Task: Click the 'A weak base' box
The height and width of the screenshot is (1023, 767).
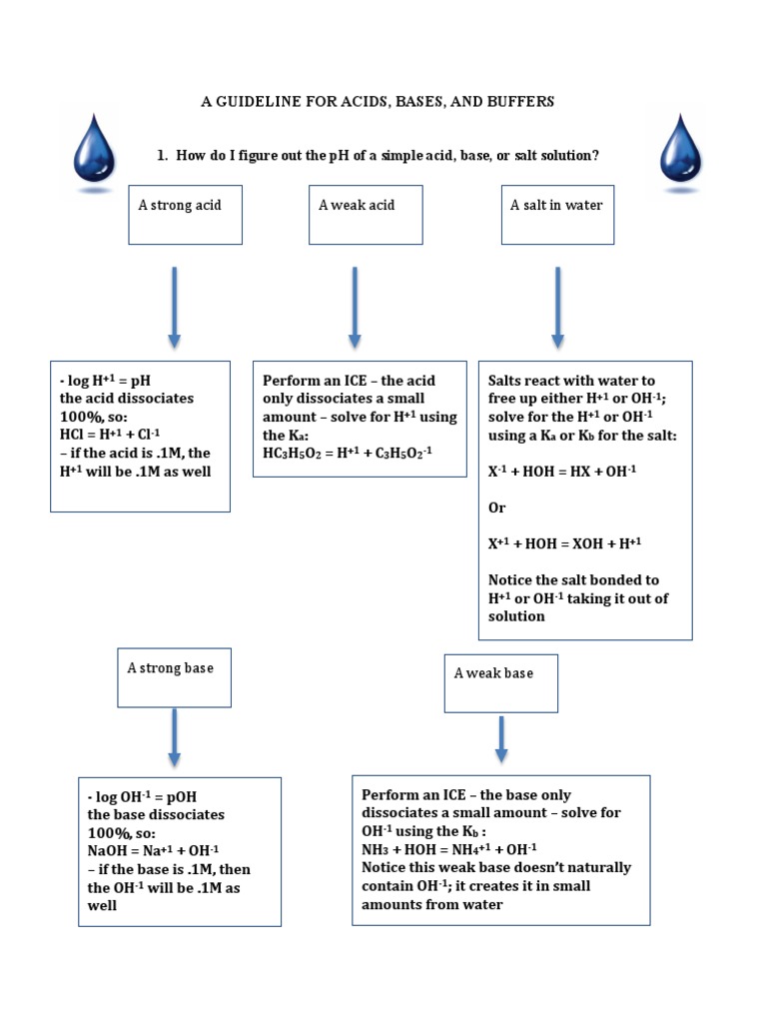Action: (x=500, y=682)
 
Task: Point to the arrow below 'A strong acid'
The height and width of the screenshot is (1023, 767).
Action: (x=175, y=307)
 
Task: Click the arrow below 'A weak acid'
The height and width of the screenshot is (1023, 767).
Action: (x=355, y=307)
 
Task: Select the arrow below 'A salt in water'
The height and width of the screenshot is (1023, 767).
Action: (x=556, y=307)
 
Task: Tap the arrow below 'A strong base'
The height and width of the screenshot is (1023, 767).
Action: (x=175, y=738)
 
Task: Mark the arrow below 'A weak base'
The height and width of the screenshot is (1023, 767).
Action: (x=501, y=738)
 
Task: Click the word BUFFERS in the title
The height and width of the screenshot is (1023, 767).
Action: (x=517, y=102)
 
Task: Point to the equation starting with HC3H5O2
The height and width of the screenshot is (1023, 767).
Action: (x=350, y=454)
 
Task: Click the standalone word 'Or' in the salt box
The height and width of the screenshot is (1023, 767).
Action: (x=496, y=508)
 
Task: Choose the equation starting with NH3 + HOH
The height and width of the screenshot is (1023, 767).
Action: (x=449, y=849)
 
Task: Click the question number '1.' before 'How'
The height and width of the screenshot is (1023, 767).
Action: (x=163, y=156)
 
